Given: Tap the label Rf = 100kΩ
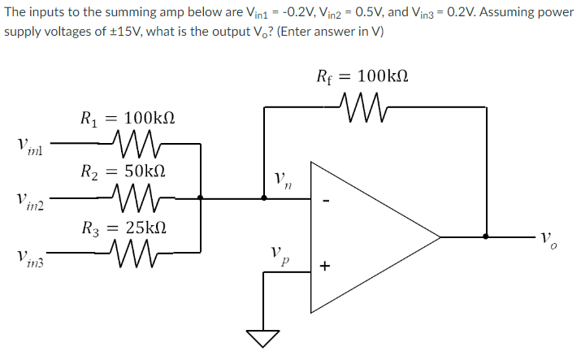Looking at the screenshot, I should pos(357,76).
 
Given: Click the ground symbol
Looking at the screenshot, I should pos(262,335).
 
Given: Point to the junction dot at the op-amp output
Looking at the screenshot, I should pos(486,236).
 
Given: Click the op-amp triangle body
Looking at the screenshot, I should pos(366,236).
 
